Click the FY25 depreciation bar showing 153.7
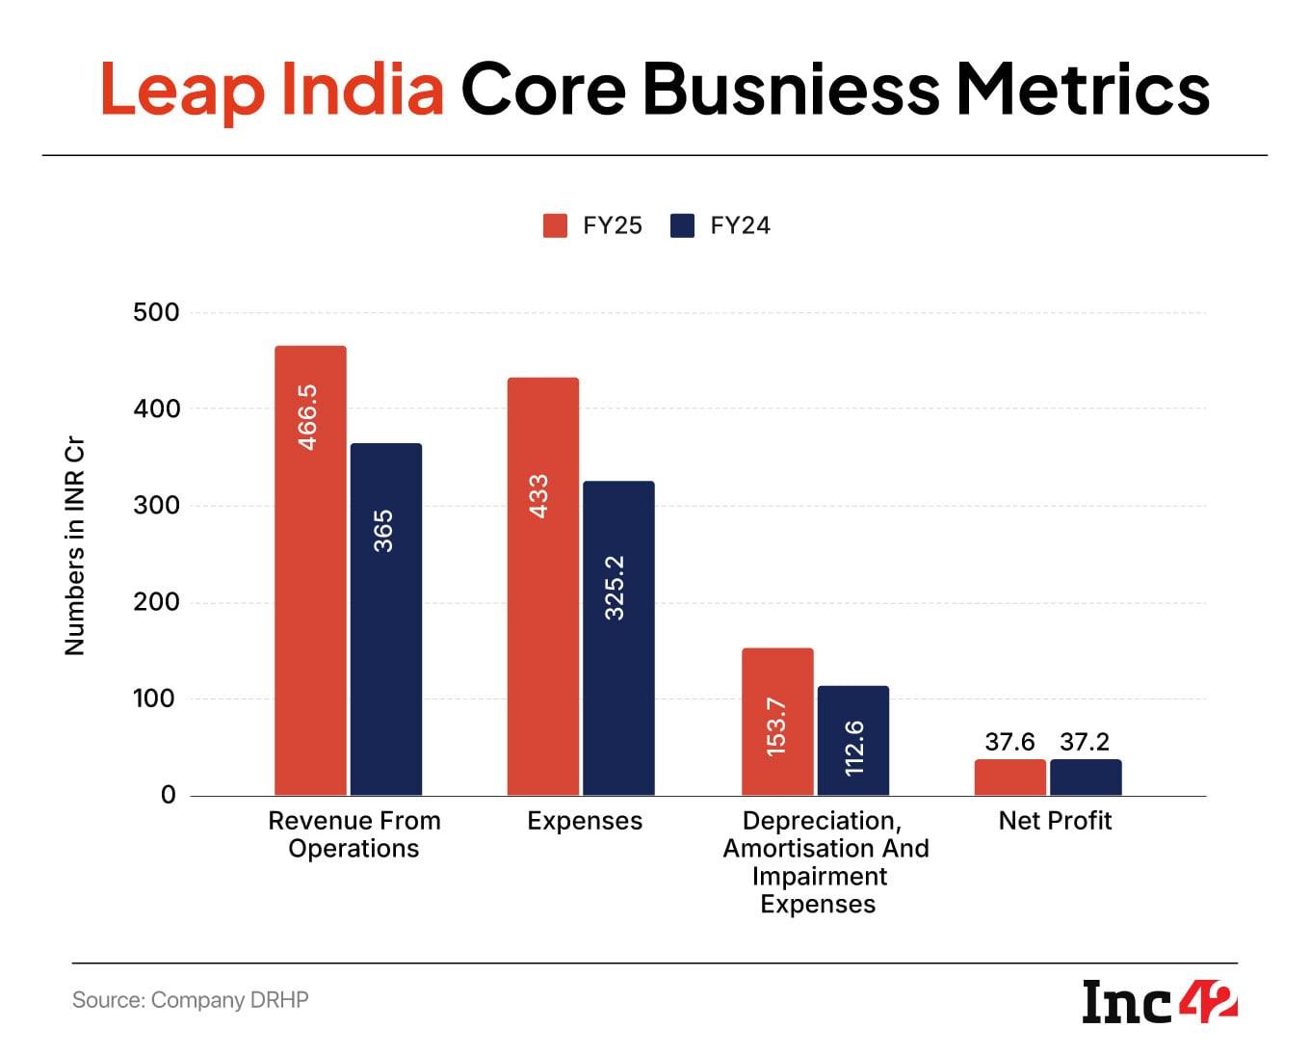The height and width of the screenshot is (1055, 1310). tap(777, 722)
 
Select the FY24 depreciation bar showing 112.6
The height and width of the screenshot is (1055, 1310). tap(852, 741)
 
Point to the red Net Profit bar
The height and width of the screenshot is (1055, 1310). tap(1009, 778)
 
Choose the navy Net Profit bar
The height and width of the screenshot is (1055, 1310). tap(1086, 778)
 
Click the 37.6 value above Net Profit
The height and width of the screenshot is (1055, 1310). tap(1009, 742)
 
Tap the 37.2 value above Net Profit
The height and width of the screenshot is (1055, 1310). tap(1085, 742)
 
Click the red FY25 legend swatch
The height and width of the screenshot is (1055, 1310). tap(555, 225)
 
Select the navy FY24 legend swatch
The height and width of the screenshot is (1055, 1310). tap(682, 225)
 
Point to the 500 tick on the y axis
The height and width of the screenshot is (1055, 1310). tap(156, 312)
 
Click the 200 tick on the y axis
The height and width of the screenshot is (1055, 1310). tap(156, 602)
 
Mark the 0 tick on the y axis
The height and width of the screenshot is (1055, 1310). tap(169, 796)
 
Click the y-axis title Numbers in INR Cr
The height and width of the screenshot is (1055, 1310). tap(75, 546)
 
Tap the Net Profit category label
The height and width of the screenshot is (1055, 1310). tap(1055, 821)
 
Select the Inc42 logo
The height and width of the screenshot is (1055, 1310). tap(1159, 1001)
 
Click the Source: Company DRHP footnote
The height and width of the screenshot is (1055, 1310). tap(191, 1000)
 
